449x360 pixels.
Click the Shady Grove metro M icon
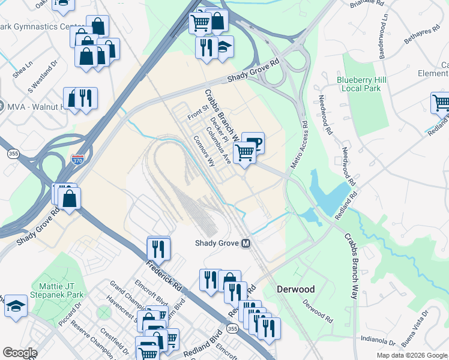click(x=246, y=244)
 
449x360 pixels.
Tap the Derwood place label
click(x=295, y=289)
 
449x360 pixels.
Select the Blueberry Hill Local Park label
click(x=359, y=83)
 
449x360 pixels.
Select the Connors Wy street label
click(x=204, y=150)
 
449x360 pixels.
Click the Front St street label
click(x=197, y=112)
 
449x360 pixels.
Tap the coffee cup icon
click(x=253, y=143)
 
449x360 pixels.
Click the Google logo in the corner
click(x=20, y=353)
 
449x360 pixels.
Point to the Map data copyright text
click(x=412, y=355)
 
